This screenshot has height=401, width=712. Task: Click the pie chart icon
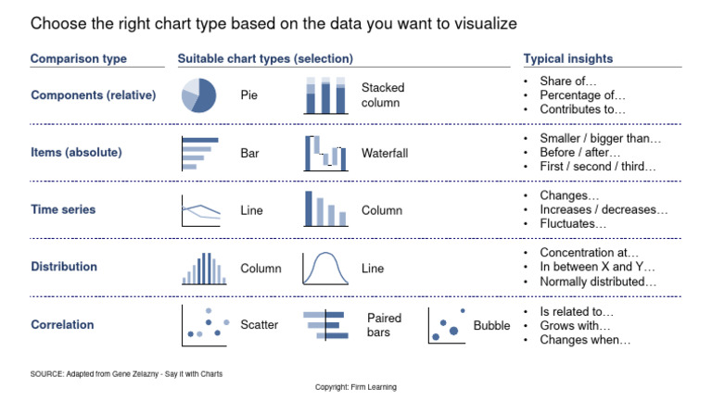pyautogui.click(x=199, y=94)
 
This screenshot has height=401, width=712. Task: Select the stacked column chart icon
pyautogui.click(x=324, y=95)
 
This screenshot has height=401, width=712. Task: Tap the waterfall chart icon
pyautogui.click(x=324, y=153)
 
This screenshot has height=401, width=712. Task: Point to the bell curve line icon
pyautogui.click(x=324, y=268)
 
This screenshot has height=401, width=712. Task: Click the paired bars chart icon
pyautogui.click(x=324, y=325)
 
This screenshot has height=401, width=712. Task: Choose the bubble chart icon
pyautogui.click(x=448, y=325)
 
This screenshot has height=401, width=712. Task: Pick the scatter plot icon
pyautogui.click(x=204, y=325)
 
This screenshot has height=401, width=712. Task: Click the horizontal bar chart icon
pyautogui.click(x=200, y=153)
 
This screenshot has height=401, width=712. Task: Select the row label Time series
pyautogui.click(x=63, y=209)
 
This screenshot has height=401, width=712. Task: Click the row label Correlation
pyautogui.click(x=62, y=325)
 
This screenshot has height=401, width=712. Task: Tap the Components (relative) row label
pyautogui.click(x=93, y=95)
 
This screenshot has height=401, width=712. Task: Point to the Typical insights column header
pyautogui.click(x=567, y=58)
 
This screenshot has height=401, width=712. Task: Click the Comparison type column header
pyautogui.click(x=78, y=58)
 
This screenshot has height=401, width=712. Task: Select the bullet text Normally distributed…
pyautogui.click(x=598, y=282)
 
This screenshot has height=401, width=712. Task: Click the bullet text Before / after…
pyautogui.click(x=579, y=153)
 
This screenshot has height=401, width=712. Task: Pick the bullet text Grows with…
pyautogui.click(x=575, y=326)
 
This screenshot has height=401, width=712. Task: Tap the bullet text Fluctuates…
pyautogui.click(x=573, y=224)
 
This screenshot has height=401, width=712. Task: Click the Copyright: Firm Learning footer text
pyautogui.click(x=356, y=387)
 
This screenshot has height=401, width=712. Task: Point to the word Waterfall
pyautogui.click(x=385, y=153)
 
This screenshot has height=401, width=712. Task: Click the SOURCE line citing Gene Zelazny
pyautogui.click(x=126, y=373)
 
